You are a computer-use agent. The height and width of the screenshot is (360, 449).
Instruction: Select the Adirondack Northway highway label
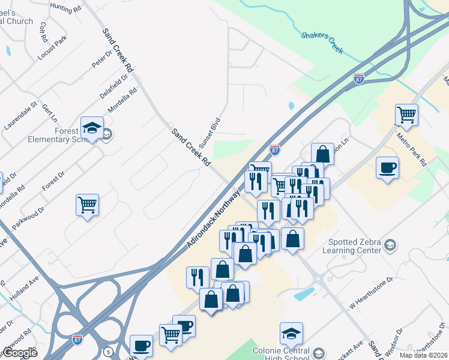(214, 219)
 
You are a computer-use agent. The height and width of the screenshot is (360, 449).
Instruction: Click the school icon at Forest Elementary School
(92, 129)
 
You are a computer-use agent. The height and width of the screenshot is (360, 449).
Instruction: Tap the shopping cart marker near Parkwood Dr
(87, 205)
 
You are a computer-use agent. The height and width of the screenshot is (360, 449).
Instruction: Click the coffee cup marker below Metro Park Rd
(387, 167)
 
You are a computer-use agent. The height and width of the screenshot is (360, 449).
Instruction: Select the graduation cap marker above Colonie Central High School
(291, 333)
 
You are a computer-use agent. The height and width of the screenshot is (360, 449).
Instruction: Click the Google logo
(19, 352)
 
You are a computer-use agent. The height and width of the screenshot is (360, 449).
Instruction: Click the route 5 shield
(108, 351)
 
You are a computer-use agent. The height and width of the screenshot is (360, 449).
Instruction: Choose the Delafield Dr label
(114, 86)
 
